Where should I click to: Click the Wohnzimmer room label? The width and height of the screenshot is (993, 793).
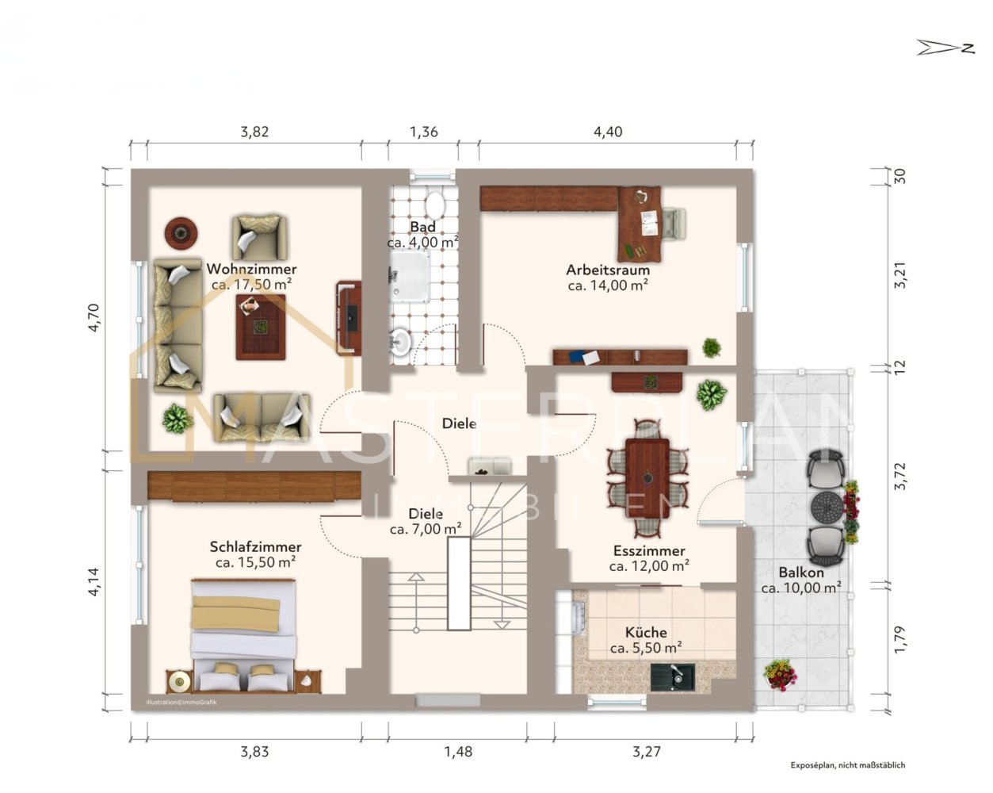(251, 269)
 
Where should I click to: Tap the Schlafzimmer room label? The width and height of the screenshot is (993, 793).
(256, 547)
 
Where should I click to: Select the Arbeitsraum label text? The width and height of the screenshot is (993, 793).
(608, 270)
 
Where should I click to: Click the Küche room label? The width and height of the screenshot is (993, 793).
(646, 632)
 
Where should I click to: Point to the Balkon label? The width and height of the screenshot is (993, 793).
(801, 573)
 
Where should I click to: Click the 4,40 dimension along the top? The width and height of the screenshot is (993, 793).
(608, 132)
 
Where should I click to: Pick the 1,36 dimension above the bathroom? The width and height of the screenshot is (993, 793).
(424, 132)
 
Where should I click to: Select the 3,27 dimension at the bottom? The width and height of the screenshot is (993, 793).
(646, 752)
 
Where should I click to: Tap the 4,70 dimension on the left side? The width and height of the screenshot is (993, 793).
(94, 318)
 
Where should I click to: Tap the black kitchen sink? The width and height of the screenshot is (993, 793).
(673, 677)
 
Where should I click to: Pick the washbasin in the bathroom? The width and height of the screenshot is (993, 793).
(399, 342)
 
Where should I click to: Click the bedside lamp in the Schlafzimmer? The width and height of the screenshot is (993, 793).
(178, 681)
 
